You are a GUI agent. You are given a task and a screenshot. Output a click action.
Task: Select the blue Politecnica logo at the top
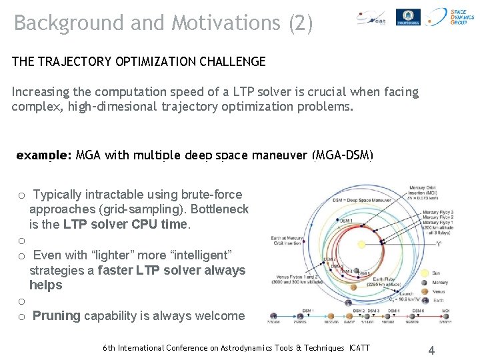pos(408,17)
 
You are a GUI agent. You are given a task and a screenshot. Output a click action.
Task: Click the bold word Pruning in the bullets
pos(57,316)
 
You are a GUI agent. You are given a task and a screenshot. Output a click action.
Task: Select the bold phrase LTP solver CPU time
pos(126,225)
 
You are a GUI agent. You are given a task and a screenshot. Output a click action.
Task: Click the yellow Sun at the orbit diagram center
pos(362,245)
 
